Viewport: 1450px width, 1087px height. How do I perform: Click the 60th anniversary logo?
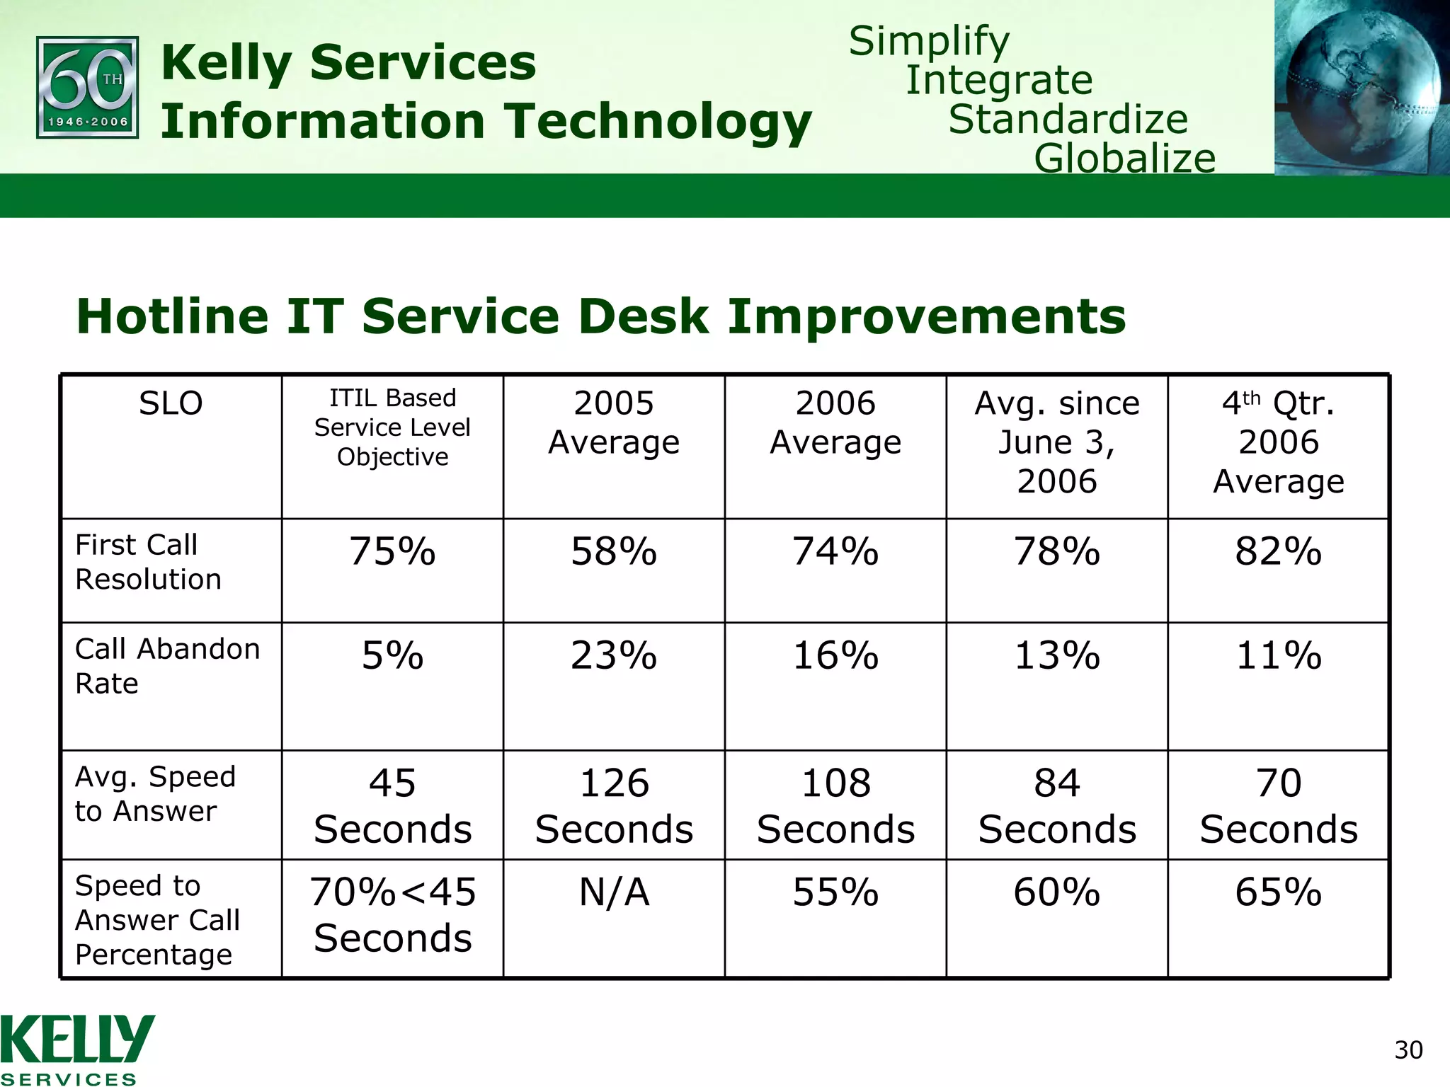(87, 88)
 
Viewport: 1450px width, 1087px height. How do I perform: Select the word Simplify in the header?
(929, 41)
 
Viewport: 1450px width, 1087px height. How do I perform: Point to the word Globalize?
(1124, 158)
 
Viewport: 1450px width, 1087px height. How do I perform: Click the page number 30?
(1408, 1050)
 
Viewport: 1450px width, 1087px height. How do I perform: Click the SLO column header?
(171, 403)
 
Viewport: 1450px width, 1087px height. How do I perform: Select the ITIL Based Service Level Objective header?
(392, 427)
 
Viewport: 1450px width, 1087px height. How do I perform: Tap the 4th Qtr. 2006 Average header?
(1278, 442)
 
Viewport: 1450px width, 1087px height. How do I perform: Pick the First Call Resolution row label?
(149, 562)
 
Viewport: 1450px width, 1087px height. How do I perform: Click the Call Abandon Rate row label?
(167, 666)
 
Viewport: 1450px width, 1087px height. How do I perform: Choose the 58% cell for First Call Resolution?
(614, 551)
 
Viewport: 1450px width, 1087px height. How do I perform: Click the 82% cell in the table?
(1278, 551)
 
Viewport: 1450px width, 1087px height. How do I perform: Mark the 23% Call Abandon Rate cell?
(614, 655)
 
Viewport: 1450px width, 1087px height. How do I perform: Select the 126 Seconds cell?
(614, 805)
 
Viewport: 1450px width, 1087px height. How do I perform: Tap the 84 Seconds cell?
(1056, 805)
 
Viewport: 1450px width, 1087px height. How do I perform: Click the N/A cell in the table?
(614, 892)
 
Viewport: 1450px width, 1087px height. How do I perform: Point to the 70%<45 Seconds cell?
(392, 914)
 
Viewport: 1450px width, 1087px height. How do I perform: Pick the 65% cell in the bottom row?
(1278, 892)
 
